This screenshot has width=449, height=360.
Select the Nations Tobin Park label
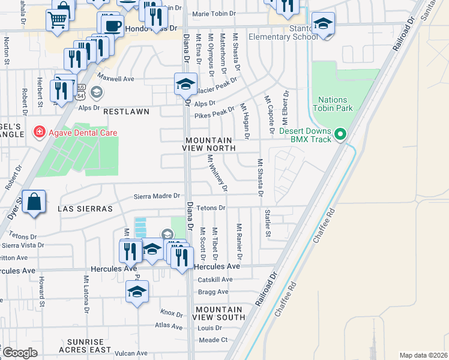(333, 104)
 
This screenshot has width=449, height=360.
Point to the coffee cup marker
(112, 25)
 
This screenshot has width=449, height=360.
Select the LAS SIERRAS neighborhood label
(85, 209)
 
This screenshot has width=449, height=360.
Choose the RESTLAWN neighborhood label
(125, 112)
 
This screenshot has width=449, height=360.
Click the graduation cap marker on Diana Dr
(186, 84)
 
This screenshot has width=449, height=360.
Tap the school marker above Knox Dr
(137, 292)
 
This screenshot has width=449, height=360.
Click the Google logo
(20, 353)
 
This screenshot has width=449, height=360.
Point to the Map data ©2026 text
(423, 355)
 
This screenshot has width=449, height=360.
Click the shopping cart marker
(58, 20)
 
